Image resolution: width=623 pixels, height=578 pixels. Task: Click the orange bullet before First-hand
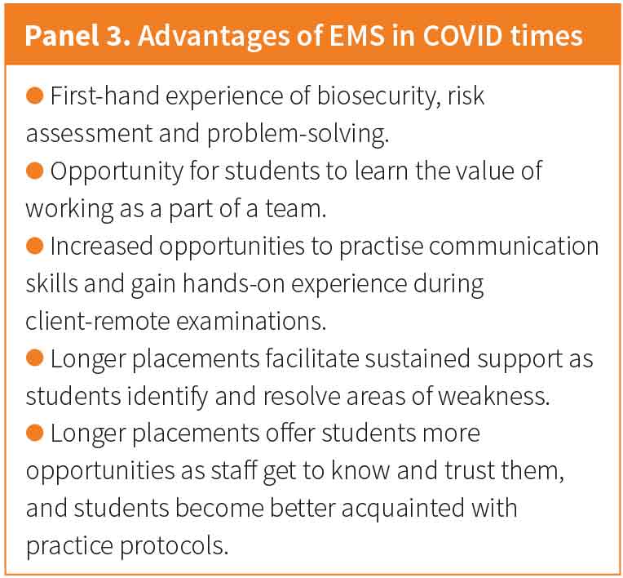(x=34, y=96)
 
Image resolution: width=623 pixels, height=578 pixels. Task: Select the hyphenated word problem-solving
(x=298, y=134)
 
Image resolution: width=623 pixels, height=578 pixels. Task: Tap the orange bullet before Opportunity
(x=34, y=171)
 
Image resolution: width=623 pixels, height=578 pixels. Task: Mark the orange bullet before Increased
(x=34, y=246)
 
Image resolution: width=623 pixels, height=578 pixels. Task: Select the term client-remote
(x=98, y=321)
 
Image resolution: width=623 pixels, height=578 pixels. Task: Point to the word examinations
(x=251, y=321)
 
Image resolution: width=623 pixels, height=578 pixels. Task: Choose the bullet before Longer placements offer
(x=34, y=433)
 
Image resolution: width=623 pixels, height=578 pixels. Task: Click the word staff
(x=233, y=470)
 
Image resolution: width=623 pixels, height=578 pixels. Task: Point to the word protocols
(x=174, y=546)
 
